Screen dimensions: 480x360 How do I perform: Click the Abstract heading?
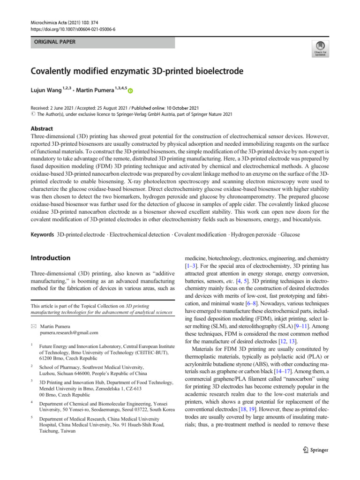pyautogui.click(x=42, y=128)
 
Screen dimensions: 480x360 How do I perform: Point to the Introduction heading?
pyautogui.click(x=50, y=258)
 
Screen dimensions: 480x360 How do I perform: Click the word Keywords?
pyautogui.click(x=42, y=234)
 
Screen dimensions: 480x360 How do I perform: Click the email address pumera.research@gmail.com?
pyautogui.click(x=69, y=332)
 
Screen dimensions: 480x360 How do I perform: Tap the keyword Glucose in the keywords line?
pyautogui.click(x=290, y=234)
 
